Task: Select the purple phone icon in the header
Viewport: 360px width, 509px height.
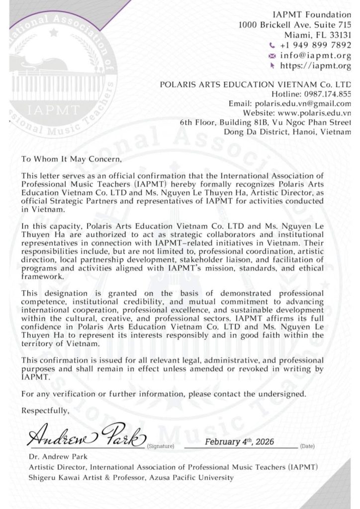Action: [x=272, y=45]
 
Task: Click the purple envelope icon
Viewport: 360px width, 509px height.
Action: [x=272, y=56]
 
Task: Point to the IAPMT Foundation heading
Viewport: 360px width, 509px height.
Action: [x=315, y=14]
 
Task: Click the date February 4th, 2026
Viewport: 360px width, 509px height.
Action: [x=240, y=441]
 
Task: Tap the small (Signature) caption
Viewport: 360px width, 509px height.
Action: [x=160, y=446]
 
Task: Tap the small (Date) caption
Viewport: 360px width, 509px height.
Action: [x=308, y=446]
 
